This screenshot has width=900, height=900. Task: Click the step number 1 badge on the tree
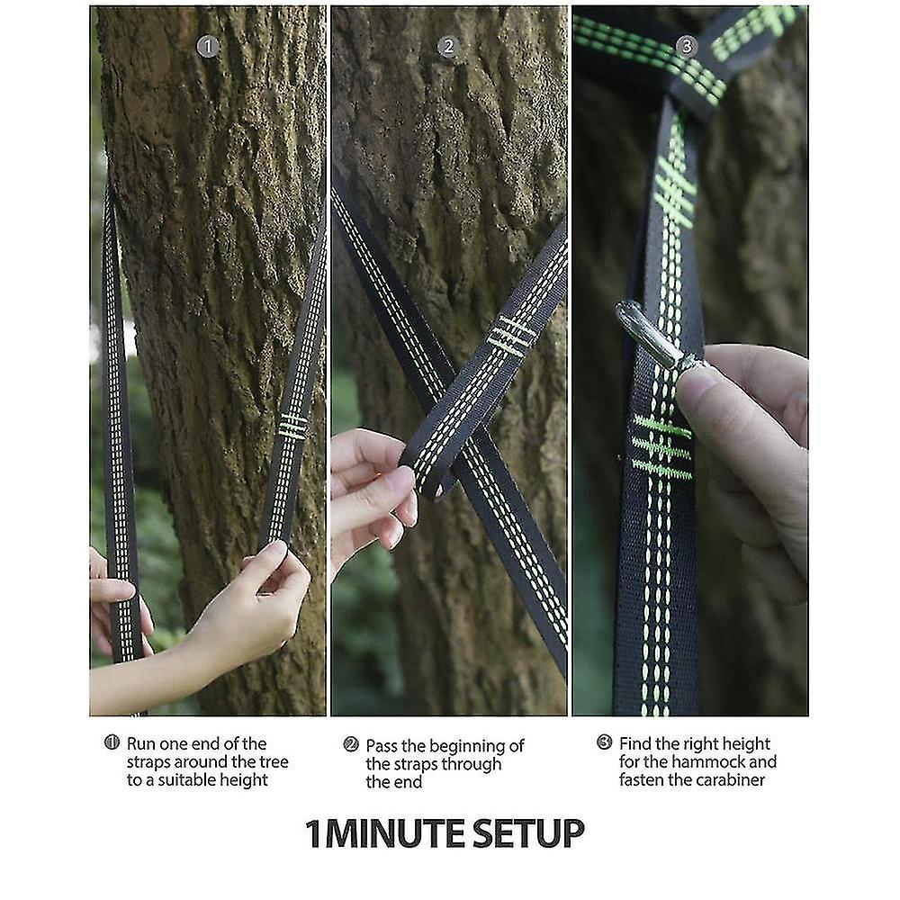click(208, 47)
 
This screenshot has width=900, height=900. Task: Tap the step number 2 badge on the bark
click(448, 47)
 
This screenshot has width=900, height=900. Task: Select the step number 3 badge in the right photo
click(687, 46)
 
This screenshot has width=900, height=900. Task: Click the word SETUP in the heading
click(528, 834)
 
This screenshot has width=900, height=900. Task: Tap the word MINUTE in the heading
click(395, 834)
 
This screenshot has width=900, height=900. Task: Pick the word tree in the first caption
click(274, 761)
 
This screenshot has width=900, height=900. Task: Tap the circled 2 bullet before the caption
click(350, 744)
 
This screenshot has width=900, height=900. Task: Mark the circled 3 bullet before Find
click(604, 742)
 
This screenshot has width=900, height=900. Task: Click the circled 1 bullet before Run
click(112, 742)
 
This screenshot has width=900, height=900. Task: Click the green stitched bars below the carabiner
click(661, 447)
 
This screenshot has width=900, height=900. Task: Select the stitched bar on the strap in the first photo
click(292, 427)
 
